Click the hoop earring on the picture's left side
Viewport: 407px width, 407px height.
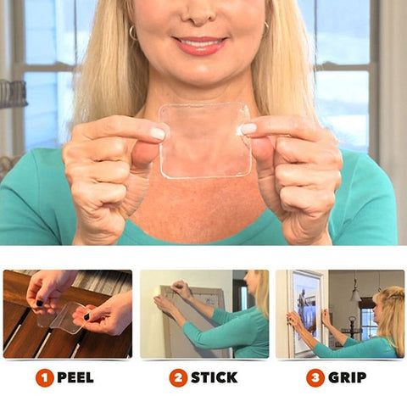click(x=133, y=33)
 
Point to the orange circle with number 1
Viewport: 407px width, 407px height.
click(x=44, y=377)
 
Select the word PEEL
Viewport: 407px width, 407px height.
click(x=75, y=377)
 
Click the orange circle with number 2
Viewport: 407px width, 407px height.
click(x=178, y=377)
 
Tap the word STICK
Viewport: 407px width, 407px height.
click(x=214, y=377)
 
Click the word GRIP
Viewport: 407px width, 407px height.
click(x=348, y=377)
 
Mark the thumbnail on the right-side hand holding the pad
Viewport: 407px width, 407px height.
click(x=248, y=129)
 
